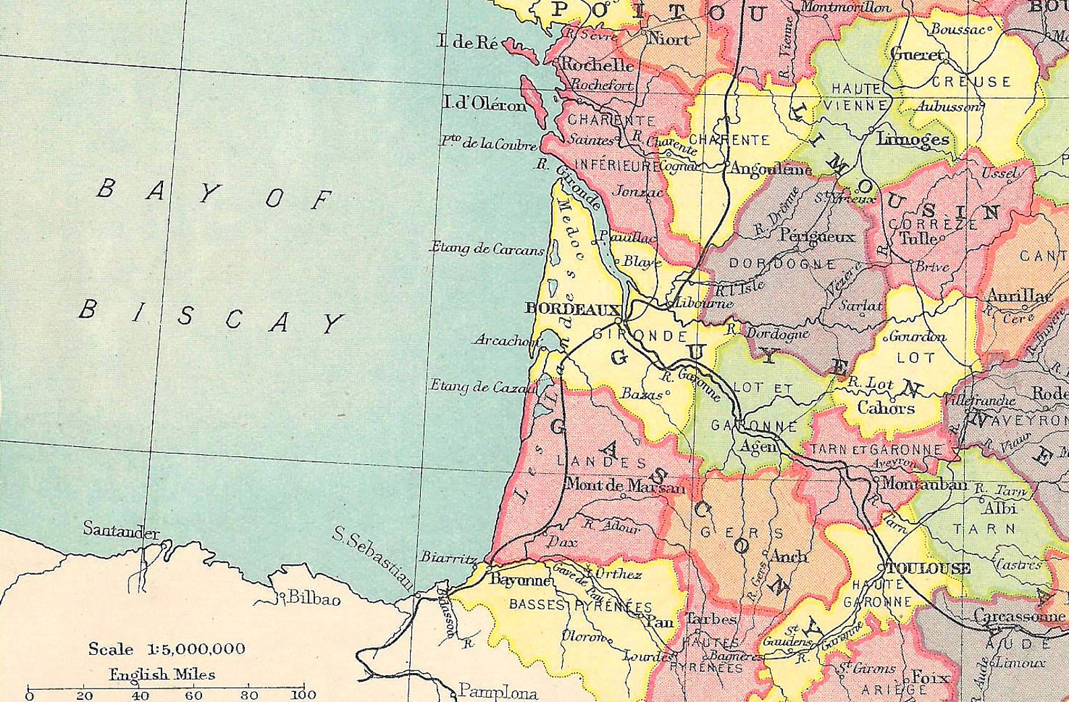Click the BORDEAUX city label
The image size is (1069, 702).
(572, 309)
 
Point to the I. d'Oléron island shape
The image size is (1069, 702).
(535, 102)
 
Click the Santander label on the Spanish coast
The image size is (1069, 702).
(121, 530)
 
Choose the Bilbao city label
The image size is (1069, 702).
(314, 598)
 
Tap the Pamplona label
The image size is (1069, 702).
(497, 692)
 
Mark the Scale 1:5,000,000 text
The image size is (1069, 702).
(167, 650)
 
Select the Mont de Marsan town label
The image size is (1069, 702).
(625, 485)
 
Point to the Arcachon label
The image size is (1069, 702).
(506, 341)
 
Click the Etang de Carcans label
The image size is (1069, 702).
(487, 248)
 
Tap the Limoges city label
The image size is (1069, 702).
(912, 139)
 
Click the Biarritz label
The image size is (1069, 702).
(448, 557)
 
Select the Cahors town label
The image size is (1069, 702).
(885, 408)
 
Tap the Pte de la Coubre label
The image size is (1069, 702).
(488, 143)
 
